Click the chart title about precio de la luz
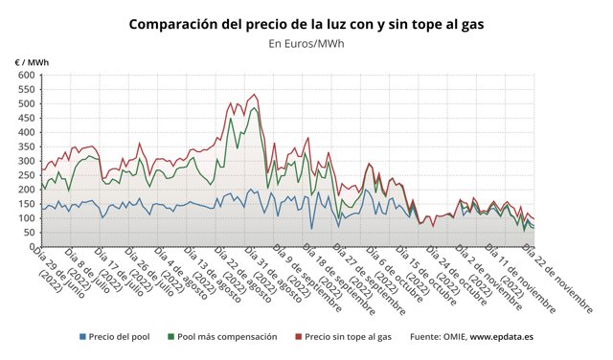(x=306, y=22)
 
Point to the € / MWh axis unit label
(x=32, y=62)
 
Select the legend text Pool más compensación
(x=228, y=337)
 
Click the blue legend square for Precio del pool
(x=83, y=337)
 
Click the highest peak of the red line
(x=254, y=94)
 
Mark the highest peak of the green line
(x=254, y=107)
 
